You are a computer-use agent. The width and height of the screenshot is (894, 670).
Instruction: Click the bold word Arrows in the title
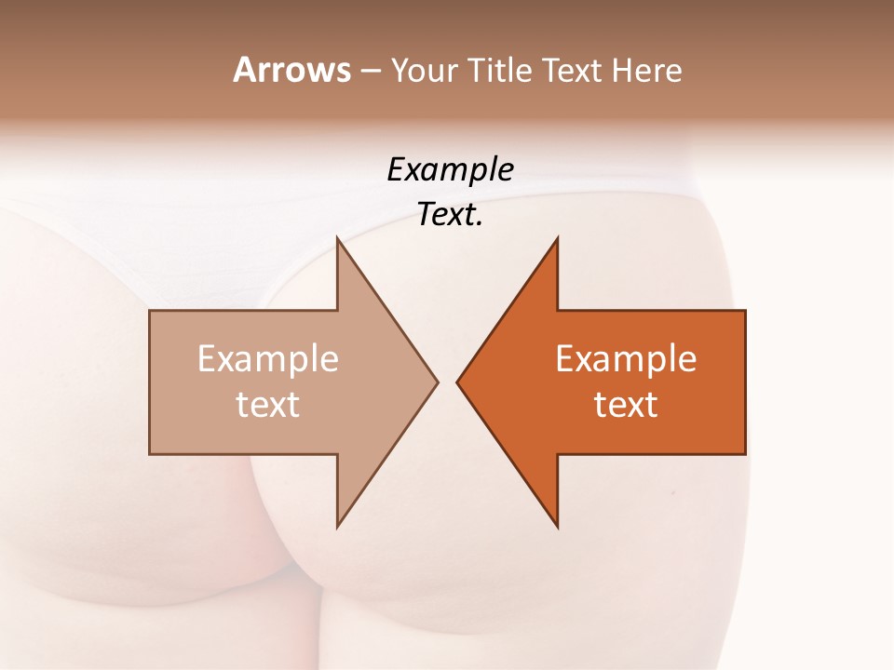click(x=291, y=70)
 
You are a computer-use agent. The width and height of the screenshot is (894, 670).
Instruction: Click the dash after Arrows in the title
click(x=369, y=72)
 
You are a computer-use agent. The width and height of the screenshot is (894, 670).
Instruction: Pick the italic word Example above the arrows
click(x=450, y=170)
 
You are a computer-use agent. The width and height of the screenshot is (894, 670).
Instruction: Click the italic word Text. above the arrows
click(x=450, y=216)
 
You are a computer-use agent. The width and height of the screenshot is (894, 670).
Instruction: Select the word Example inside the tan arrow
click(x=268, y=359)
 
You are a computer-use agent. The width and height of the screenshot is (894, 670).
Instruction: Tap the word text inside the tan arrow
click(x=268, y=404)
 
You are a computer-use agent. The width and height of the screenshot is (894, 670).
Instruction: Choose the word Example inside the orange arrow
click(x=626, y=359)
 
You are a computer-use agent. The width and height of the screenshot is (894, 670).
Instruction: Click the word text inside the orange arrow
click(x=626, y=404)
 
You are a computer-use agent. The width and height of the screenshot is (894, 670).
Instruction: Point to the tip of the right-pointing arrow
click(x=438, y=382)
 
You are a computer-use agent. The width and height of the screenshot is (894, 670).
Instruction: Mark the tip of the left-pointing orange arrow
click(x=457, y=382)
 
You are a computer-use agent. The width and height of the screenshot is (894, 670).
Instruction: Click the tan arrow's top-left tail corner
click(x=151, y=312)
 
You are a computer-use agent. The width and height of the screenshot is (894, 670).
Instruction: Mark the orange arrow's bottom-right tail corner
click(x=744, y=453)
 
